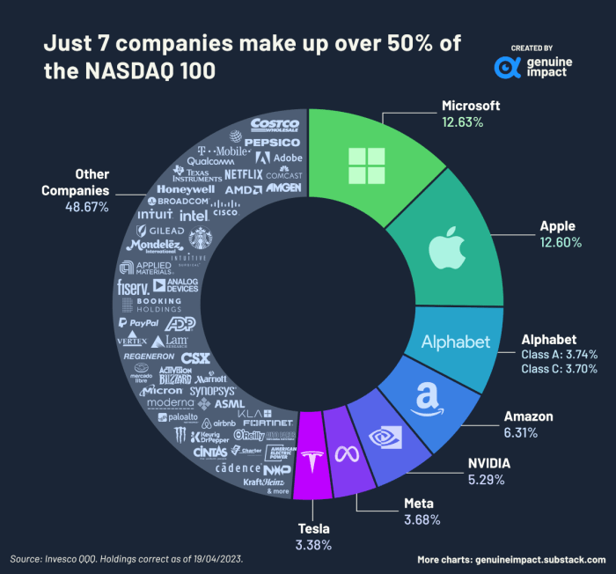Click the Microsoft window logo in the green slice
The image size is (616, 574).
point(367,166)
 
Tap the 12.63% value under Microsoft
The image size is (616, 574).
point(462,122)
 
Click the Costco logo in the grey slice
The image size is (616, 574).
point(275,126)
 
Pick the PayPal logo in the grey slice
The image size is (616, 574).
point(137,323)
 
